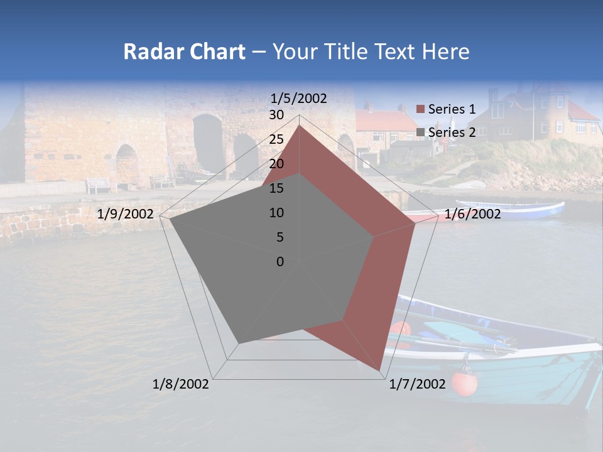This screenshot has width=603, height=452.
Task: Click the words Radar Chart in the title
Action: tap(184, 52)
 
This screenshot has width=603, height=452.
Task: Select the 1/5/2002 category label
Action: tap(299, 98)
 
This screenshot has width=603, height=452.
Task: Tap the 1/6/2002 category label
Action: tap(472, 214)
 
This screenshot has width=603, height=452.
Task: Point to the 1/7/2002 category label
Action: tap(417, 384)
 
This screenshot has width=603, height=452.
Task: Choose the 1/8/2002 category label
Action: tap(181, 384)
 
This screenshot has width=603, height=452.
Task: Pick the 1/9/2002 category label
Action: tap(126, 214)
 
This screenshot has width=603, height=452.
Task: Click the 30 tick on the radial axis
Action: tap(276, 115)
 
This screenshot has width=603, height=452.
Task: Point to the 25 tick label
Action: tap(276, 139)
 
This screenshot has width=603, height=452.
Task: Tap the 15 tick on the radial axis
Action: tap(276, 188)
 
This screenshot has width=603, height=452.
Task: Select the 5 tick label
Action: tap(280, 237)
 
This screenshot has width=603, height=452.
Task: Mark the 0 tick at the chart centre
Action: tap(280, 262)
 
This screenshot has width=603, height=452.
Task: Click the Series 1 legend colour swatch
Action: tap(421, 109)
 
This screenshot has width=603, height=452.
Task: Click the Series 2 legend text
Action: tap(452, 132)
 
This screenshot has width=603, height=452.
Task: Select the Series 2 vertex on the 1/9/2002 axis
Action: tap(170, 220)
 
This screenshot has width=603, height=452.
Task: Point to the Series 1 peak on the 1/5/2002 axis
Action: tap(299, 126)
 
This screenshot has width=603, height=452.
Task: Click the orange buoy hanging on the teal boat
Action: tap(464, 383)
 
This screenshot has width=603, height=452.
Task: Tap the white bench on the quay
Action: tap(99, 185)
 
